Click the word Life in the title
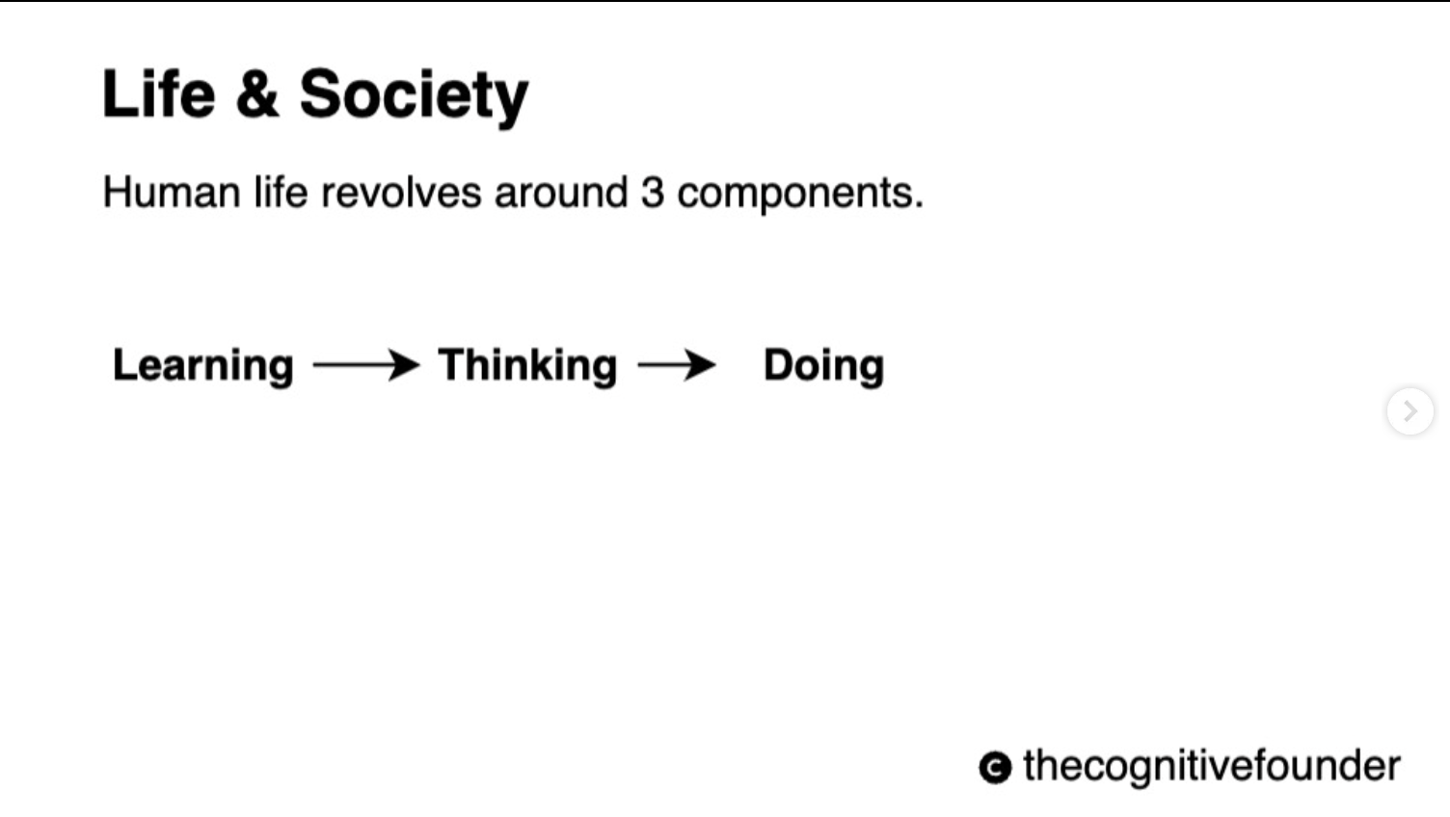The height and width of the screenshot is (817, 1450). click(x=158, y=94)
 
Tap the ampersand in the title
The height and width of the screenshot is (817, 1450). click(x=257, y=94)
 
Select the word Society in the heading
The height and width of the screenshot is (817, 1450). click(x=414, y=97)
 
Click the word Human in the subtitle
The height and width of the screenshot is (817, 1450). click(x=172, y=193)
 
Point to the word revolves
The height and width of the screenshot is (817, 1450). click(x=401, y=193)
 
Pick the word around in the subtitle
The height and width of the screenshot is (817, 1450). click(x=561, y=193)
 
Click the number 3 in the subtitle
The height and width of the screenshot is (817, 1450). click(x=653, y=193)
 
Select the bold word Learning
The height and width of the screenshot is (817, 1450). click(x=203, y=367)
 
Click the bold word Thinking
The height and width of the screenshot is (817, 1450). click(x=527, y=367)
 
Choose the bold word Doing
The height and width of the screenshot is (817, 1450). click(x=824, y=367)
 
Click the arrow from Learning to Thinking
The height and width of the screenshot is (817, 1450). click(x=366, y=365)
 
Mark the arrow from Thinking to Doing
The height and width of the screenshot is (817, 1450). click(x=677, y=365)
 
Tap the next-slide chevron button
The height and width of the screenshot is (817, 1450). click(x=1410, y=410)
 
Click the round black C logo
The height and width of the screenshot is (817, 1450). click(x=995, y=768)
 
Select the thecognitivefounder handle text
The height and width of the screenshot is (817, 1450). click(x=1212, y=767)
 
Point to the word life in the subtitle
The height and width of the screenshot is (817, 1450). click(x=281, y=193)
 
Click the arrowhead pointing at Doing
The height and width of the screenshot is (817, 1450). click(x=699, y=365)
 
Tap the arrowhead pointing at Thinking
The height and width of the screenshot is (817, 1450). click(x=403, y=365)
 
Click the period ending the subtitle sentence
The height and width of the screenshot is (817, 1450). click(x=919, y=205)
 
